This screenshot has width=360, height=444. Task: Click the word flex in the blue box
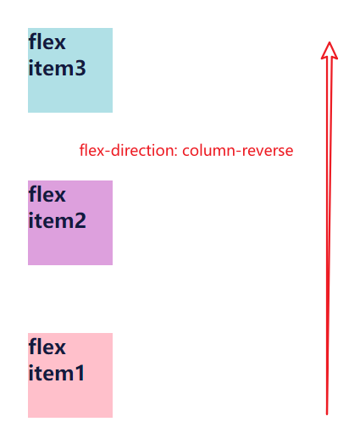pos(47,42)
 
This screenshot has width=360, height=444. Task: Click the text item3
pos(57,69)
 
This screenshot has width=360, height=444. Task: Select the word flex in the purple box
pos(47,194)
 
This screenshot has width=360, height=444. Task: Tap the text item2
pos(57,221)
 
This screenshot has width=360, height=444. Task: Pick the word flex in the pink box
pos(47,347)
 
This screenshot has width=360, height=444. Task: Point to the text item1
pos(57,373)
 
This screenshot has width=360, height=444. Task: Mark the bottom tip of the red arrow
pos(327,413)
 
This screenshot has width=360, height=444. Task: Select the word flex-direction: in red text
pos(129,151)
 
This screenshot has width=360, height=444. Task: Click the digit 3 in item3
pos(80,69)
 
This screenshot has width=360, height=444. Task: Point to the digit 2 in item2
pos(80,221)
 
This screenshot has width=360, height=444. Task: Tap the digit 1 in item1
pos(80,373)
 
